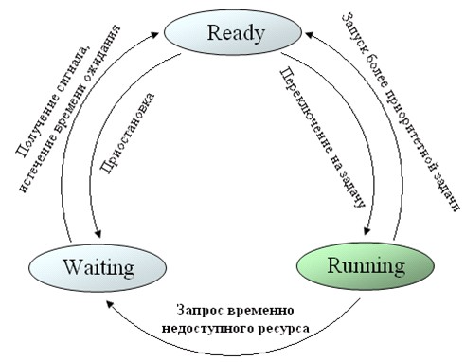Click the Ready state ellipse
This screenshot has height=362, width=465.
click(x=233, y=32)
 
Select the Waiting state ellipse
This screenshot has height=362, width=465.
click(x=98, y=267)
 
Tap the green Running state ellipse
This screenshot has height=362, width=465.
click(x=366, y=265)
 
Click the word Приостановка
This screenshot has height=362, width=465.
click(x=128, y=133)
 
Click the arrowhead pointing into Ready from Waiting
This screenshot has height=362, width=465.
click(x=153, y=34)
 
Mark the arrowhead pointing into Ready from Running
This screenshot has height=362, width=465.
click(x=309, y=34)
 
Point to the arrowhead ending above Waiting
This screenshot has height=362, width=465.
click(x=98, y=233)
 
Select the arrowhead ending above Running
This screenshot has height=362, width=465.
click(x=367, y=230)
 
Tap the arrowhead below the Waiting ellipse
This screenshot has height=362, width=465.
click(x=110, y=304)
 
